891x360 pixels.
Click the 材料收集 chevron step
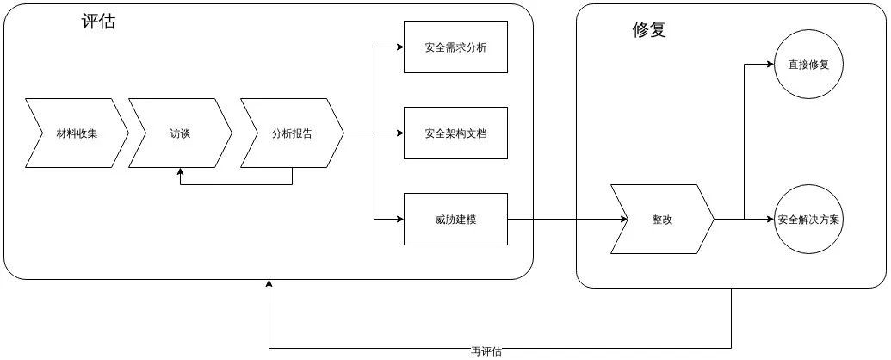click(x=76, y=133)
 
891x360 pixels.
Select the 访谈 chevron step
click(x=180, y=133)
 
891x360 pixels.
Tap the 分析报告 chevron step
click(x=292, y=133)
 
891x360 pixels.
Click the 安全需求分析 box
click(x=455, y=47)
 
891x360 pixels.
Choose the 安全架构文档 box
click(x=455, y=133)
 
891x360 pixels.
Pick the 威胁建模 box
click(x=455, y=220)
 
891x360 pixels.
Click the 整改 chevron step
click(x=662, y=220)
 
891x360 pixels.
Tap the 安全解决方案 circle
click(x=808, y=220)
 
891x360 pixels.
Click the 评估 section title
click(x=98, y=22)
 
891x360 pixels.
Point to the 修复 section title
click(x=649, y=30)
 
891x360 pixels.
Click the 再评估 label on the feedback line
click(x=486, y=351)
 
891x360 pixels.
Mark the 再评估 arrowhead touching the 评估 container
click(x=269, y=285)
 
